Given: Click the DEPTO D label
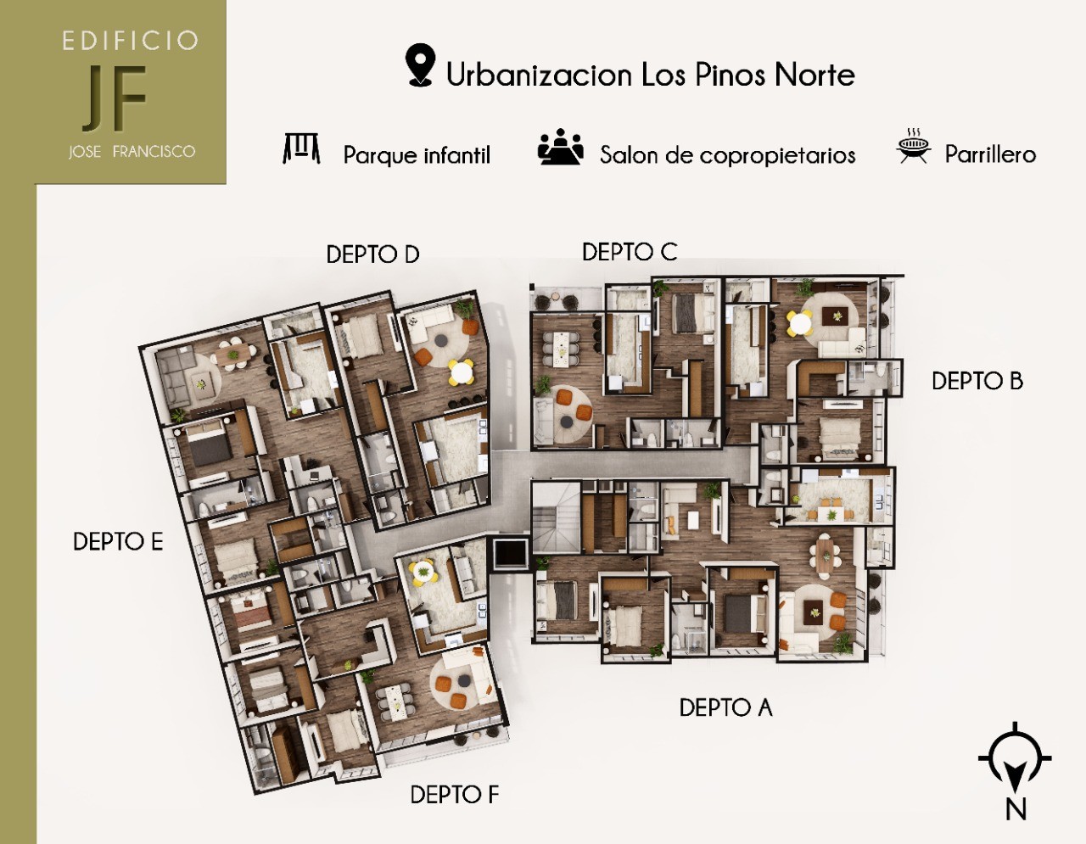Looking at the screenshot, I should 372,254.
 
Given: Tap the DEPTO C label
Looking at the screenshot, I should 629,252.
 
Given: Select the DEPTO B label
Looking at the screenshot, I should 977,381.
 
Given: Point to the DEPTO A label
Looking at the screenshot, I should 725,707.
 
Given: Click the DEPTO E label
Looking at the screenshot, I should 118,542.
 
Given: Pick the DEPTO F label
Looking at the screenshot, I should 454,795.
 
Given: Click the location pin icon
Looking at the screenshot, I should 420,65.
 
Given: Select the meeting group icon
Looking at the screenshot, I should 560,148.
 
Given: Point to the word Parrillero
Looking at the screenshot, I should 990,154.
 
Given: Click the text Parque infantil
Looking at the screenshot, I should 417,155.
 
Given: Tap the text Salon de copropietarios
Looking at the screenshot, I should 727,155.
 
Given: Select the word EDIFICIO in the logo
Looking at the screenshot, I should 130,41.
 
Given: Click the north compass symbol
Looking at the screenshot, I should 1015,759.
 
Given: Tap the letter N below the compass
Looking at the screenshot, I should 1016,809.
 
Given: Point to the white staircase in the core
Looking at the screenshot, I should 557,517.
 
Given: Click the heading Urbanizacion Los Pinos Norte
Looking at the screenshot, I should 650,75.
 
